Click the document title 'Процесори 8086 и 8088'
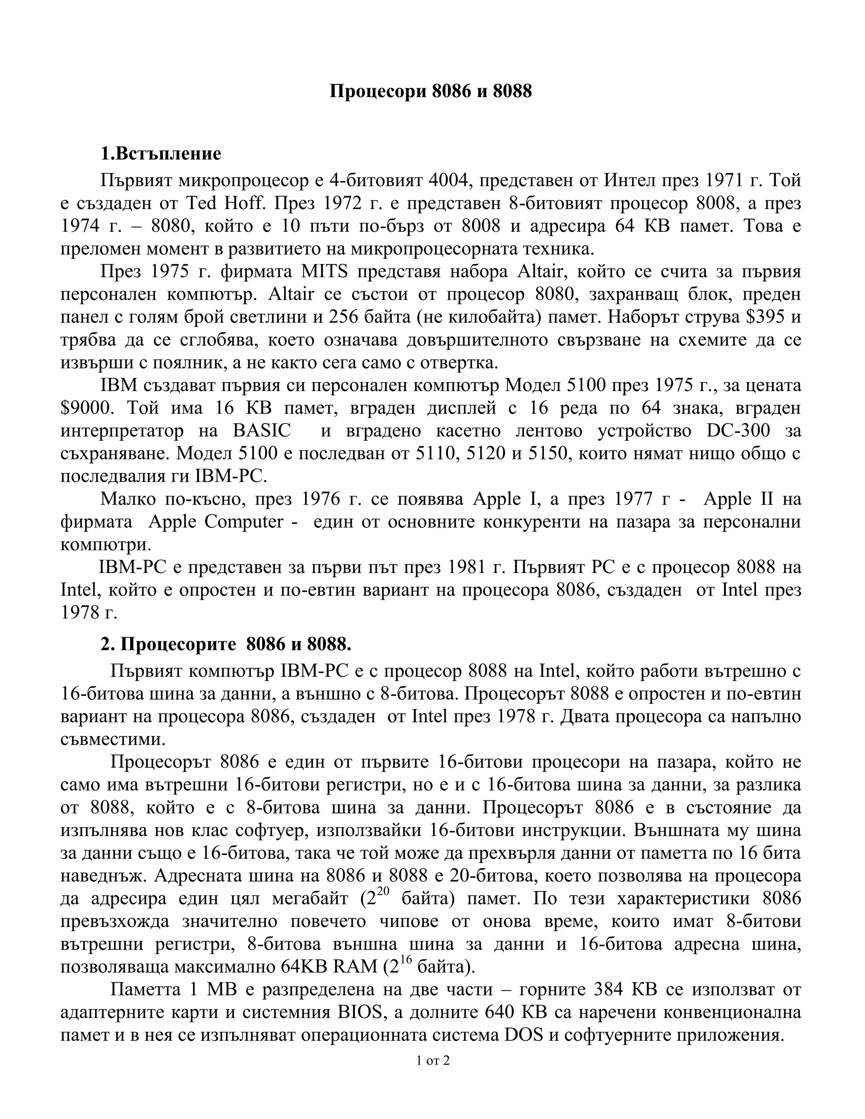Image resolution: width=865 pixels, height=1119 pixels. click(430, 91)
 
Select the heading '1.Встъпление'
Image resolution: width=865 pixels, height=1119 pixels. click(160, 153)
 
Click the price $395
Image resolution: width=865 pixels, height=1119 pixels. click(765, 317)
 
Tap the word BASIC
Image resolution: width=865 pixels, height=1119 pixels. click(261, 431)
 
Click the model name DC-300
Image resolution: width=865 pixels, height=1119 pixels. click(738, 431)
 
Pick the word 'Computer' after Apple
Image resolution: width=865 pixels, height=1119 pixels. click(244, 521)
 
